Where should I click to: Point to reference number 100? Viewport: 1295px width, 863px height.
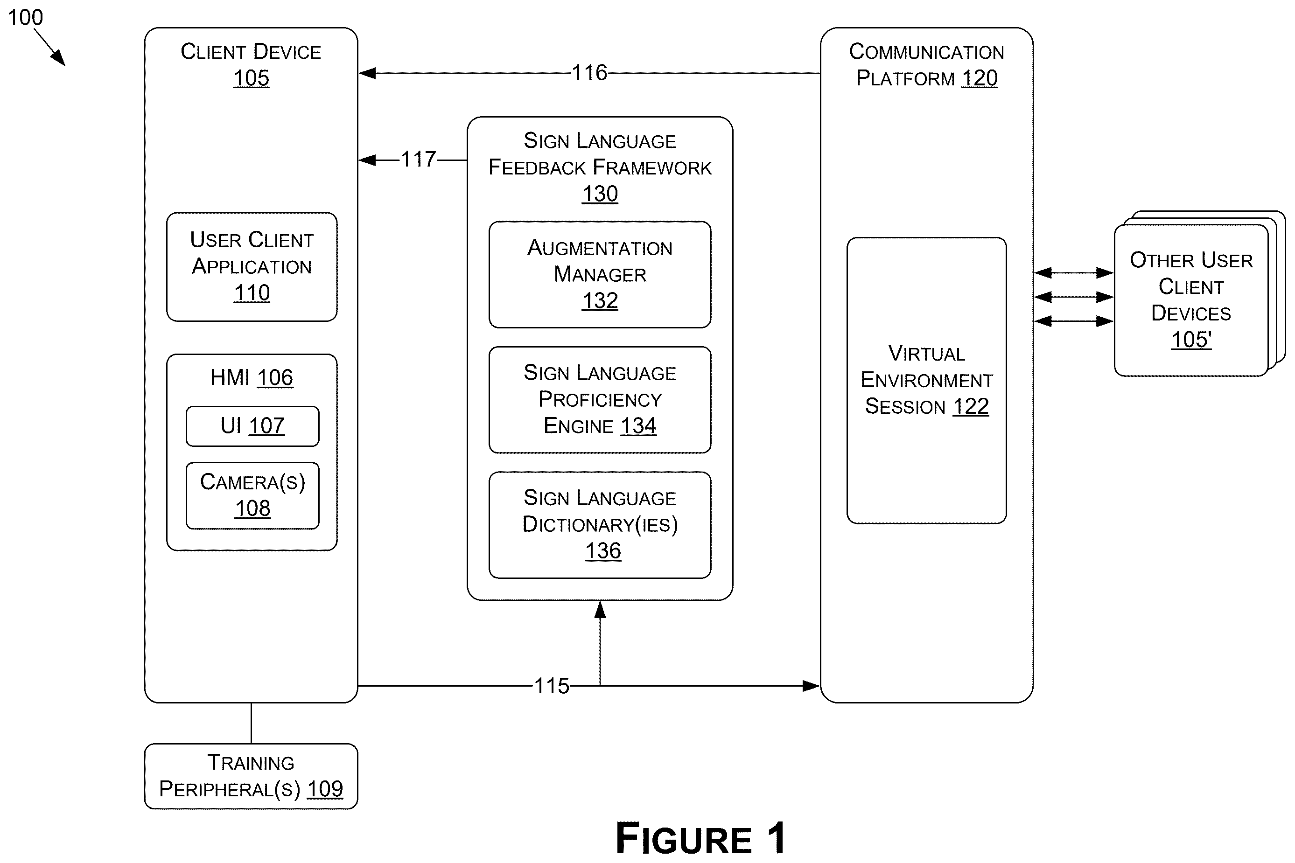(25, 18)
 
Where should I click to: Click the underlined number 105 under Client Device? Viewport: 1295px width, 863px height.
(252, 79)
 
